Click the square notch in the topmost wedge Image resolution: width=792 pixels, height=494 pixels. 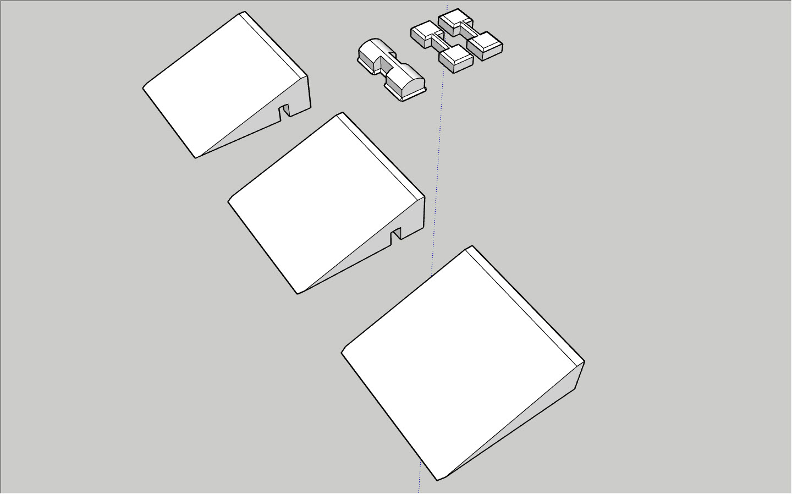pos(285,112)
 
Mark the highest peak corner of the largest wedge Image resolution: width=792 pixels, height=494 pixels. pos(471,246)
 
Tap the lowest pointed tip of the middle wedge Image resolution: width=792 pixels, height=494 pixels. pos(298,293)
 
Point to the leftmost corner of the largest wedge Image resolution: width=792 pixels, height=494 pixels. pos(342,352)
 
